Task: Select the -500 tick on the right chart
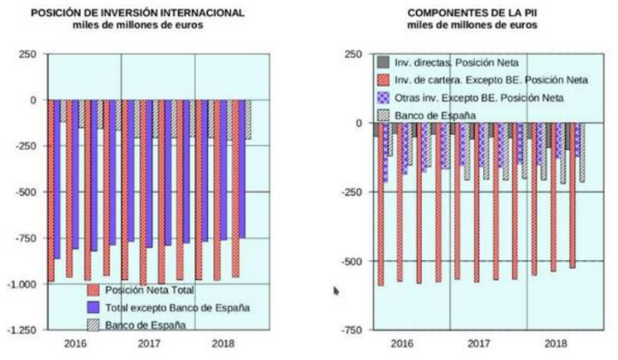353,261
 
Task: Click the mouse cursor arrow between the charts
337,290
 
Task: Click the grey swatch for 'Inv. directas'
384,62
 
